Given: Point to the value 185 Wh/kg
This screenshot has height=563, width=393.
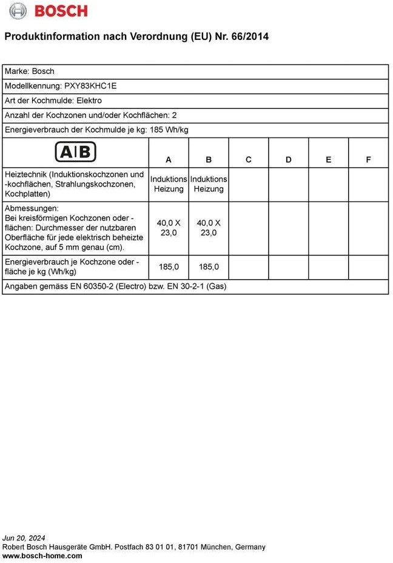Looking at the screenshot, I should (x=169, y=130).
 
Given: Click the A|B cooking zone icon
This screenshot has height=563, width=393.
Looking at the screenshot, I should (x=76, y=151).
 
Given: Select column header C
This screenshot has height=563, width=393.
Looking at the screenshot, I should (x=249, y=160).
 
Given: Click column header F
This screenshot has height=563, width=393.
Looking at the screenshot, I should (x=368, y=160).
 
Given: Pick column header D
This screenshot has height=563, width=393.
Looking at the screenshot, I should (x=289, y=160).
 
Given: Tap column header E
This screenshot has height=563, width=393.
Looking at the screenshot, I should (x=329, y=160).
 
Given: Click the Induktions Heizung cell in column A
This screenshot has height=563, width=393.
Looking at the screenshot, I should (x=169, y=184).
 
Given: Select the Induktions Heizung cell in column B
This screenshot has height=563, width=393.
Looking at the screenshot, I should (x=209, y=184).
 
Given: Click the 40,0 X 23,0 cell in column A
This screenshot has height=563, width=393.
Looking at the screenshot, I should (x=169, y=228).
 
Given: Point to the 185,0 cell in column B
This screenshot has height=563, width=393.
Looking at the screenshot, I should (x=209, y=266).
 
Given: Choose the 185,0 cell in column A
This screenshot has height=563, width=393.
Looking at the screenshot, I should (x=169, y=266).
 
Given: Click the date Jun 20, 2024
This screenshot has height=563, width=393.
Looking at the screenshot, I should (x=24, y=538).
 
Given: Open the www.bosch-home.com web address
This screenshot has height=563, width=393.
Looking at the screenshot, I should (x=42, y=556).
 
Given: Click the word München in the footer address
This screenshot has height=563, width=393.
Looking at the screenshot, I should (x=214, y=547).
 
